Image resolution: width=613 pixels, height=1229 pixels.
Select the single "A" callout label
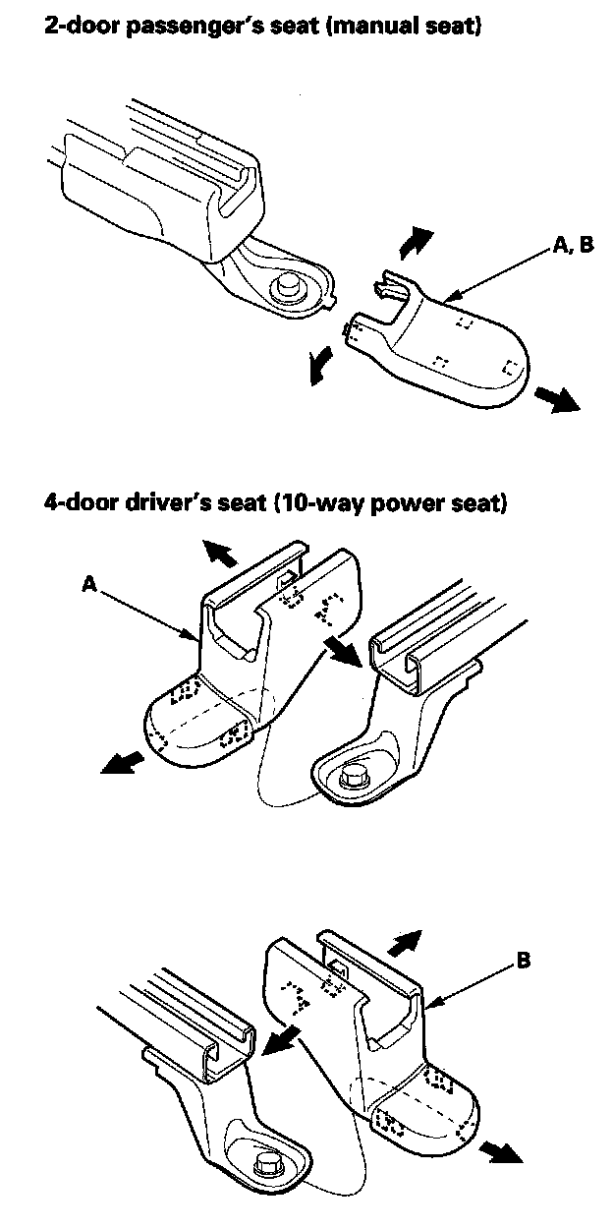pyautogui.click(x=88, y=585)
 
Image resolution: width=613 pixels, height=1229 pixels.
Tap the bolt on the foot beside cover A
pyautogui.click(x=355, y=778)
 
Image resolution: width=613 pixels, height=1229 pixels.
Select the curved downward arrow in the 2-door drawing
pyautogui.click(x=316, y=370)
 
